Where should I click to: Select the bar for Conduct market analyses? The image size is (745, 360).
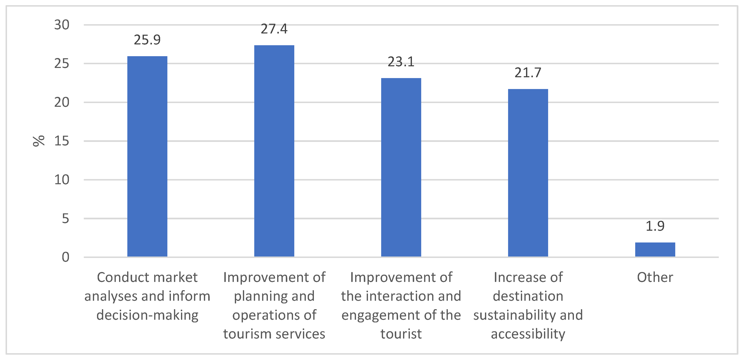(x=147, y=156)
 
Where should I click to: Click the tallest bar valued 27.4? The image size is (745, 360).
(x=274, y=151)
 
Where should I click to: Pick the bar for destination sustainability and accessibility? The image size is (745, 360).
(x=528, y=173)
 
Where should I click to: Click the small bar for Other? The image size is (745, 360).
(x=655, y=250)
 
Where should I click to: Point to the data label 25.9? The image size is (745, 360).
(x=147, y=40)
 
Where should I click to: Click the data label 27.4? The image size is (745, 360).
(x=274, y=29)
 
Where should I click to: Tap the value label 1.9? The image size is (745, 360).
(x=655, y=226)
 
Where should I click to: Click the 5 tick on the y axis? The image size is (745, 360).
(x=66, y=219)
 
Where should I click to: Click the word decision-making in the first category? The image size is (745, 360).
(x=147, y=315)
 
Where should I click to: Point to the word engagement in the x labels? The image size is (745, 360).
(x=381, y=315)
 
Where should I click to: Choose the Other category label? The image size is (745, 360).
(x=655, y=277)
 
